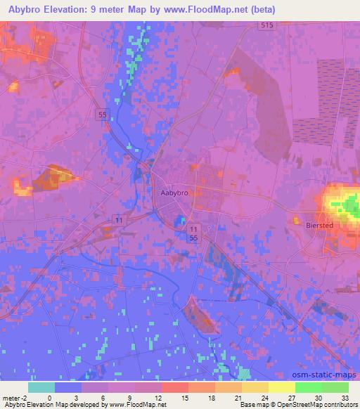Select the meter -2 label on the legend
click(x=14, y=396)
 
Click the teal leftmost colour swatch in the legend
click(x=41, y=387)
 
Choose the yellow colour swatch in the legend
click(x=281, y=387)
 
